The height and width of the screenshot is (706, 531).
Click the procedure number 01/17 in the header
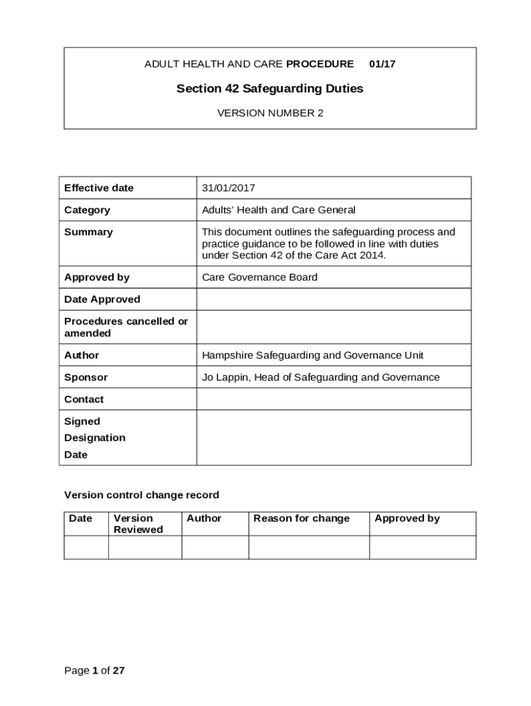click(x=382, y=64)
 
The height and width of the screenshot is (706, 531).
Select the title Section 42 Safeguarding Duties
click(x=270, y=89)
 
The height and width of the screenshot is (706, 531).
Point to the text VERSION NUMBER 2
click(x=270, y=113)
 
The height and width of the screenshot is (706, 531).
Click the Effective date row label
click(x=99, y=188)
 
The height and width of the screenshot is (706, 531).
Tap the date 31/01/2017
click(x=228, y=188)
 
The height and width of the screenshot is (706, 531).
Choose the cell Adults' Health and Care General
click(x=279, y=210)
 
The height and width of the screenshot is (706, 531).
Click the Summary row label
click(x=88, y=232)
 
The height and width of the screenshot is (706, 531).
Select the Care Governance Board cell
click(x=259, y=277)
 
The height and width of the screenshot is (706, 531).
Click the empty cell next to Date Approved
click(x=334, y=299)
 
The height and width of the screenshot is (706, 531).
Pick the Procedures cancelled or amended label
click(x=126, y=327)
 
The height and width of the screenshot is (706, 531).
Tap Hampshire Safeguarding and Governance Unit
click(x=312, y=355)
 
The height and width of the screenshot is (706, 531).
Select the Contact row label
click(x=84, y=399)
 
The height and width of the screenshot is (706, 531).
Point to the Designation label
click(x=94, y=438)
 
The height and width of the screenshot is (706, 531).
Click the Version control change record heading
click(x=141, y=495)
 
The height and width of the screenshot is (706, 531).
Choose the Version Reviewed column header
click(x=138, y=524)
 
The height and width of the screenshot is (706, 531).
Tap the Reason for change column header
click(x=301, y=518)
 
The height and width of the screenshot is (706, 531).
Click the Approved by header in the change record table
click(x=407, y=518)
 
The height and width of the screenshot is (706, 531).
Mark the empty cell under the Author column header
click(x=214, y=547)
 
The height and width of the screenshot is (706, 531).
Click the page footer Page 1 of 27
click(x=94, y=670)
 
